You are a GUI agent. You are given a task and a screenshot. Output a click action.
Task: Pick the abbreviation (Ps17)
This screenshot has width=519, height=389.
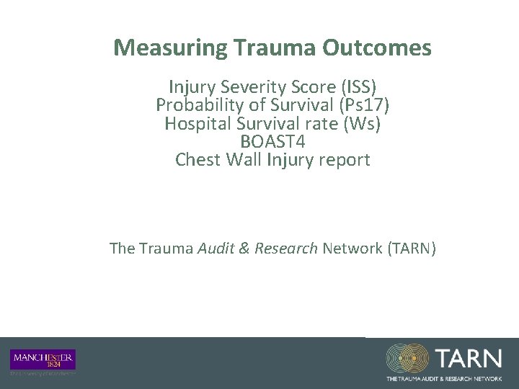pos(361,104)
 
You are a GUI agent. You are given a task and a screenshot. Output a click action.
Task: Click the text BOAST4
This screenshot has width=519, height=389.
pos(272,142)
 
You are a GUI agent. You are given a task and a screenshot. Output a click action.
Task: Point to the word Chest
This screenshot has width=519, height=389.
pos(197,160)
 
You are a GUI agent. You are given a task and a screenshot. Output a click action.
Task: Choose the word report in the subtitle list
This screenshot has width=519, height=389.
pos(345,160)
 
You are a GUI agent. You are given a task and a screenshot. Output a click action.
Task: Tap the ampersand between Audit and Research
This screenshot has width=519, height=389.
pos(245,249)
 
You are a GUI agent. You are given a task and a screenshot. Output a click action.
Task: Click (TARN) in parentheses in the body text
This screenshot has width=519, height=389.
pos(411,249)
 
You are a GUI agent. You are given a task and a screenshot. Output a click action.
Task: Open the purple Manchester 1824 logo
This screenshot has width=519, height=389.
pos(43,359)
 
